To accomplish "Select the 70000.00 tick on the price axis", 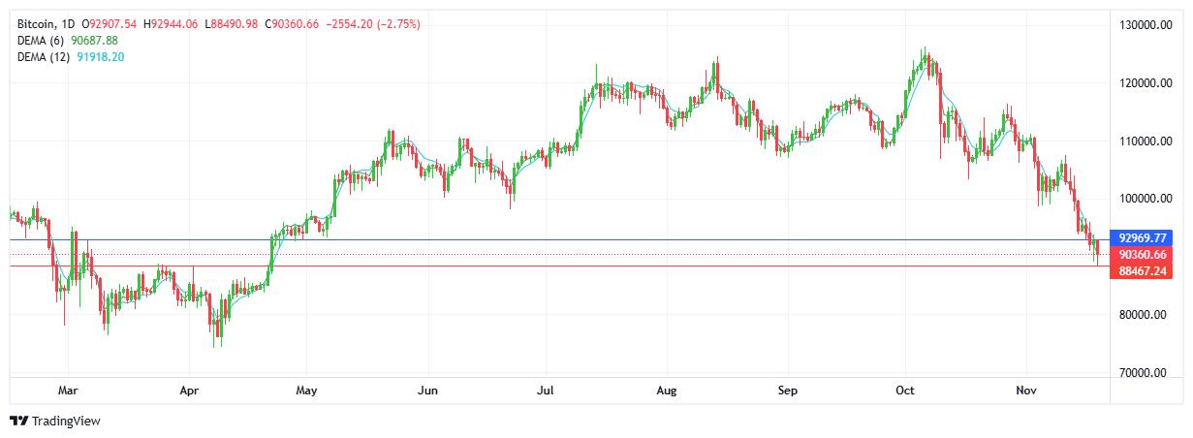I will [x=1143, y=373].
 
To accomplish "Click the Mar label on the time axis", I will [x=68, y=391].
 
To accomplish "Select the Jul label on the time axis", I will [x=546, y=391].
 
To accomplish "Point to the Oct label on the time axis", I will [x=905, y=391].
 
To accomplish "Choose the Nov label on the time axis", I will [x=1026, y=391].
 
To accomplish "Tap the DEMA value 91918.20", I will [x=101, y=57].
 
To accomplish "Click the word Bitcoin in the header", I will [x=37, y=23].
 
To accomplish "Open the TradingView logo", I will [x=55, y=421].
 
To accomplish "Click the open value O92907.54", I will [x=111, y=23].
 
